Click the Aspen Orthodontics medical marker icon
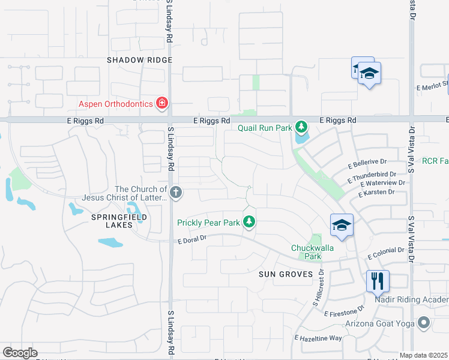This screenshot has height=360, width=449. click(x=161, y=104)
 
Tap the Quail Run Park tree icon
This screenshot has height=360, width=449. click(x=301, y=127)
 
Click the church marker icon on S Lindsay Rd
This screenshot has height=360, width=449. click(x=176, y=193)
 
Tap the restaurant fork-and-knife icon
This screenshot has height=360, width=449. click(x=378, y=280)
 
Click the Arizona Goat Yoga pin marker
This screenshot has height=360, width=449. click(x=424, y=324)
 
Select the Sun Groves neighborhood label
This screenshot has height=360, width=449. click(x=286, y=274)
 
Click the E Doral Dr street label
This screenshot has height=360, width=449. click(x=191, y=238)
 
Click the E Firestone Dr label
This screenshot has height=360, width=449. click(x=344, y=312)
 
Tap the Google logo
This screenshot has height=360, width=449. click(x=20, y=353)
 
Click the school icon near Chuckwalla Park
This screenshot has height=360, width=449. click(x=342, y=225)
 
